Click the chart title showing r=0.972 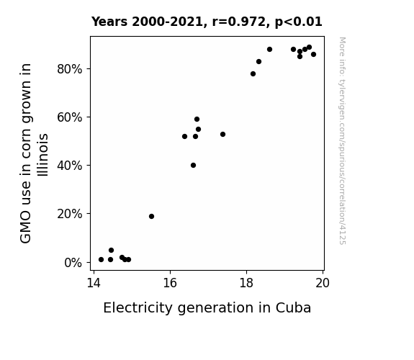(x=207, y=22)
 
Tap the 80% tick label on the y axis (x=69, y=69)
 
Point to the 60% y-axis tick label (x=69, y=117)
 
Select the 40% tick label (x=69, y=166)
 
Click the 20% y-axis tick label (x=69, y=214)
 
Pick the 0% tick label (x=73, y=263)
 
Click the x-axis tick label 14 (x=94, y=283)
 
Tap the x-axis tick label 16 (x=170, y=283)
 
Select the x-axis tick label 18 (x=246, y=283)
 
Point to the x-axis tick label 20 (x=323, y=283)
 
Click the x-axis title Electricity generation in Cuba (x=207, y=308)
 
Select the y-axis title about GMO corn (x=34, y=153)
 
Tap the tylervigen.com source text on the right (x=342, y=141)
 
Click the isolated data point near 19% (x=151, y=216)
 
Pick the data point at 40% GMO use (x=193, y=166)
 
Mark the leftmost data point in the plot (x=101, y=260)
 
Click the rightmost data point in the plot (x=313, y=55)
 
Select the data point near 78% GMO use (x=253, y=74)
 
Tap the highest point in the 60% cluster (x=197, y=119)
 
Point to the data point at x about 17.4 (x=222, y=135)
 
